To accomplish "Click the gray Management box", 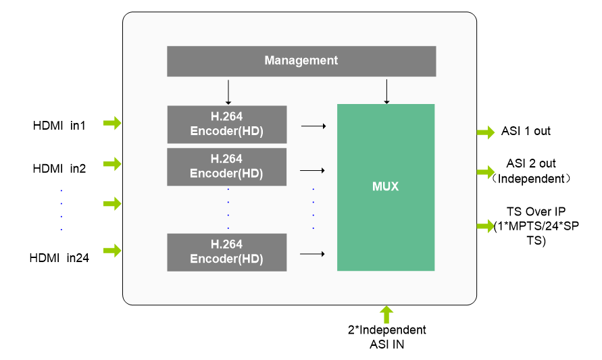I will pos(301,61).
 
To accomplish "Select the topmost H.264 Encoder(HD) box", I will pos(226,124).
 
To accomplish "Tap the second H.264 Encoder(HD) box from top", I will pos(226,167).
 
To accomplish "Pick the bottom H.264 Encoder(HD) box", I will pos(226,252).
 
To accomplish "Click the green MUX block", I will pos(386,187).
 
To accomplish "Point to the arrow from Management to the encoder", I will pos(228,92).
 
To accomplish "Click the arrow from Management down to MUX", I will pos(386,91).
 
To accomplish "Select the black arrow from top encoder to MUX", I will pos(313,126).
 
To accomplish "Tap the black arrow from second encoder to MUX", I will pos(312,170).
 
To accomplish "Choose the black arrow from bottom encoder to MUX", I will pos(312,254).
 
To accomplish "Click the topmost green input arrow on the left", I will pos(112,123).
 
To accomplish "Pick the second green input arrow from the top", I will pos(112,164).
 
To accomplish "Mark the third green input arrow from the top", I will pos(112,204).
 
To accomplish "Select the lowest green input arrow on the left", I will pos(112,251).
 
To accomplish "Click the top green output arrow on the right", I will pos(486,132).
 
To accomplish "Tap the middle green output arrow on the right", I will pos(486,173).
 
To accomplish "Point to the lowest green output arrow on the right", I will pos(486,226).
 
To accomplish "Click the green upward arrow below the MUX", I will pos(386,314).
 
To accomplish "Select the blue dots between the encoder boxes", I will pos(228,209).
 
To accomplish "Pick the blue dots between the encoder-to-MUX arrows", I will pos(313,209).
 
